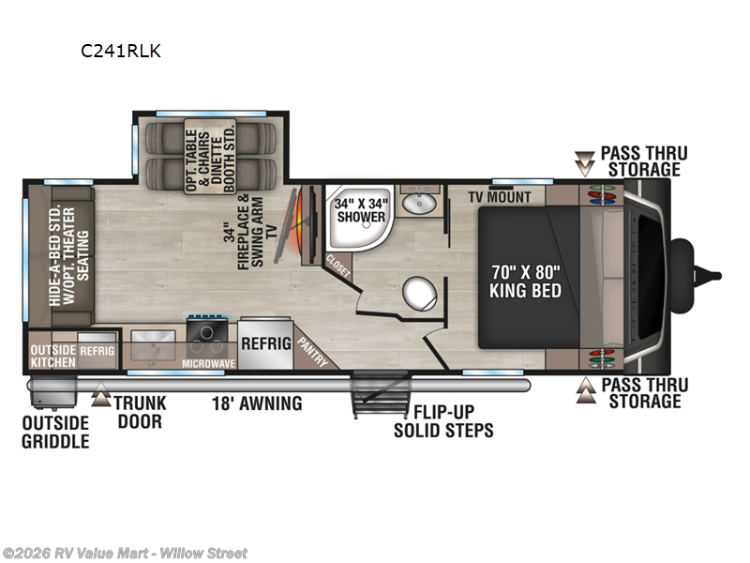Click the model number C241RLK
coord(121,52)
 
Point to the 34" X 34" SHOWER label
coord(361,207)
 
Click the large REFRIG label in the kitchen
coord(267,343)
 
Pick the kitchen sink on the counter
coord(150,339)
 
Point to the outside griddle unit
coord(45,392)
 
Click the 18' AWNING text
coord(257,404)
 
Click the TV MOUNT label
coord(501,197)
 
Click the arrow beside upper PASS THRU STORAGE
coord(585,166)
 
